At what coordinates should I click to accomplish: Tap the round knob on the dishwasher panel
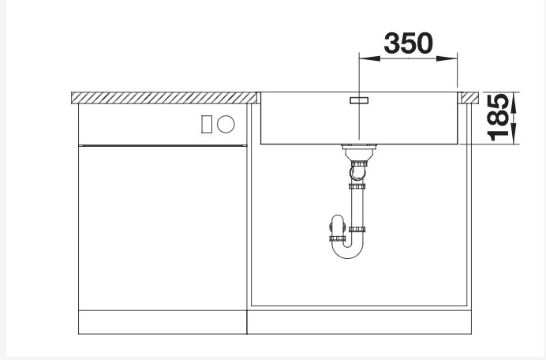click(x=226, y=124)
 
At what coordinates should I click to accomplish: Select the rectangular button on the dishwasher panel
click(x=208, y=124)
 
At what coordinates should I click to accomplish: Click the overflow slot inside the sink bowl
click(x=359, y=100)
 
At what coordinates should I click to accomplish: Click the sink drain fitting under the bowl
click(x=358, y=148)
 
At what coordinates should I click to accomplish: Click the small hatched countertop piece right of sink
click(x=470, y=97)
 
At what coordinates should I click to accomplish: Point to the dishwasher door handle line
click(x=163, y=144)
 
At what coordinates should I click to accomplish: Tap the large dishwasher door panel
click(x=163, y=229)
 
